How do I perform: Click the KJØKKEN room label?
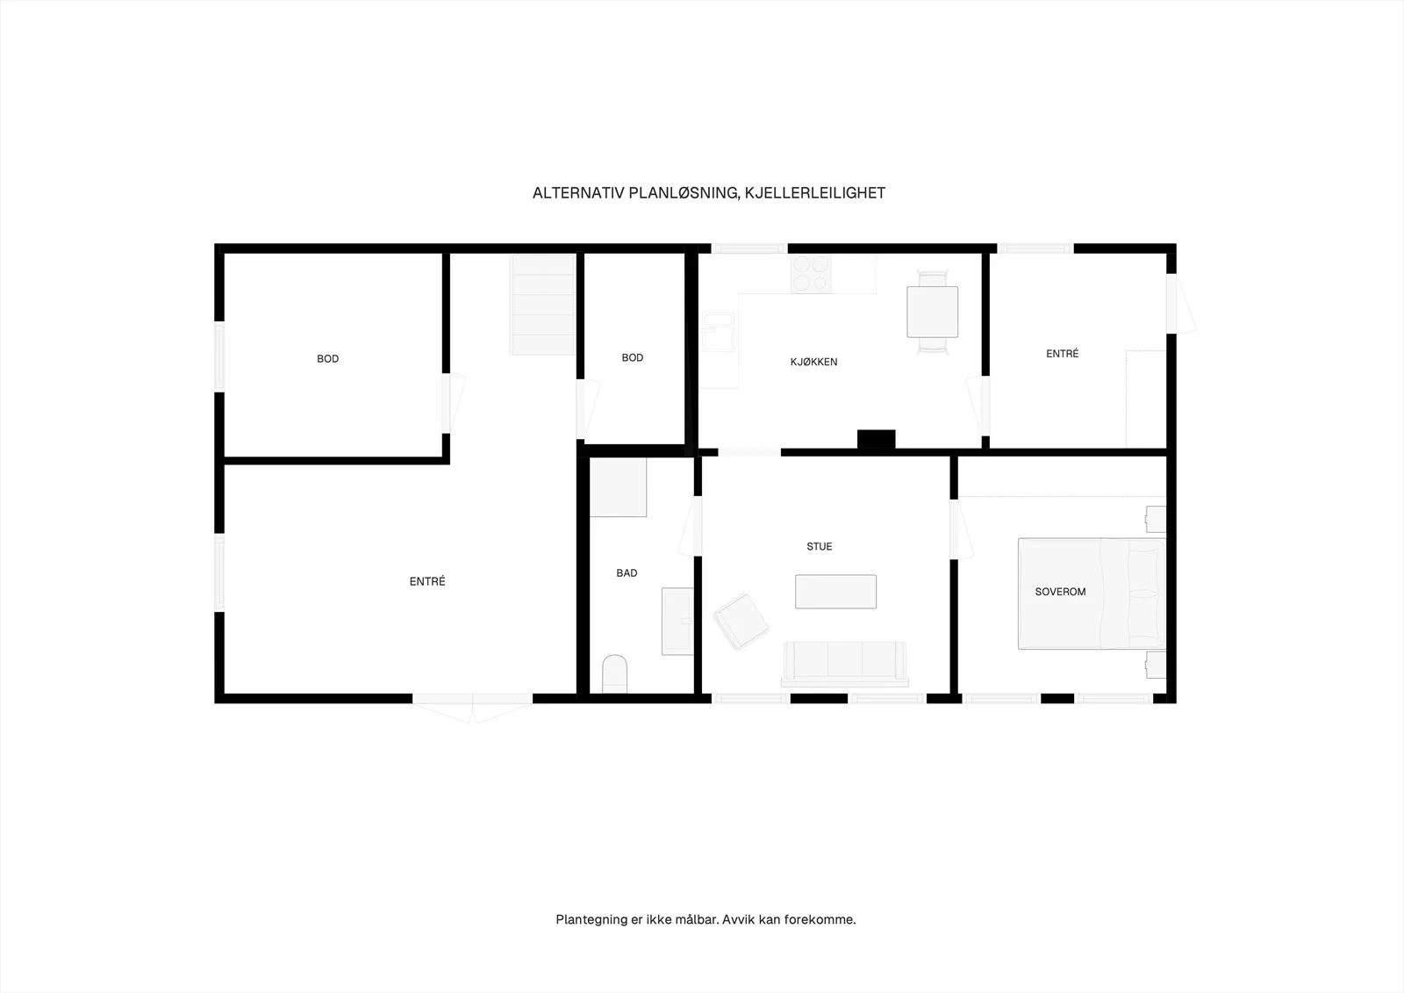pos(813,362)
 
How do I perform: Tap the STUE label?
pos(820,546)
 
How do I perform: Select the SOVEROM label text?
pos(1060,592)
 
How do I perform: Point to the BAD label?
pos(627,572)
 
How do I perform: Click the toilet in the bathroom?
pos(614,674)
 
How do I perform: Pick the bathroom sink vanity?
pos(677,622)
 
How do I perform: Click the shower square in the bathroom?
pos(618,487)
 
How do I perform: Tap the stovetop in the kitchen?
pos(811,274)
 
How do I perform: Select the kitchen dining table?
pos(932,312)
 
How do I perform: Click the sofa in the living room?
pos(845,664)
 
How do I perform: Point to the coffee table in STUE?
pos(835,592)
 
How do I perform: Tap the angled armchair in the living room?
pos(741,622)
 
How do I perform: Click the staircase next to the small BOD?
pos(543,305)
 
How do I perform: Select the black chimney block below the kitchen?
pos(877,439)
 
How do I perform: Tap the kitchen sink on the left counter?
pos(719,332)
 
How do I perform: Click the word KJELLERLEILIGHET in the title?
pos(815,193)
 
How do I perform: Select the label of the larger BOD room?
pos(328,359)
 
